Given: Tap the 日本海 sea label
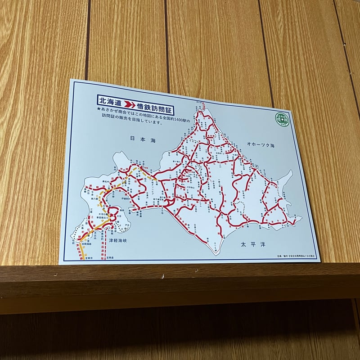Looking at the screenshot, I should pyautogui.click(x=142, y=140).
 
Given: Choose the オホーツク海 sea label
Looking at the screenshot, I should pyautogui.click(x=260, y=145).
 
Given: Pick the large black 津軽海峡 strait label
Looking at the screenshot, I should pyautogui.click(x=118, y=241).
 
